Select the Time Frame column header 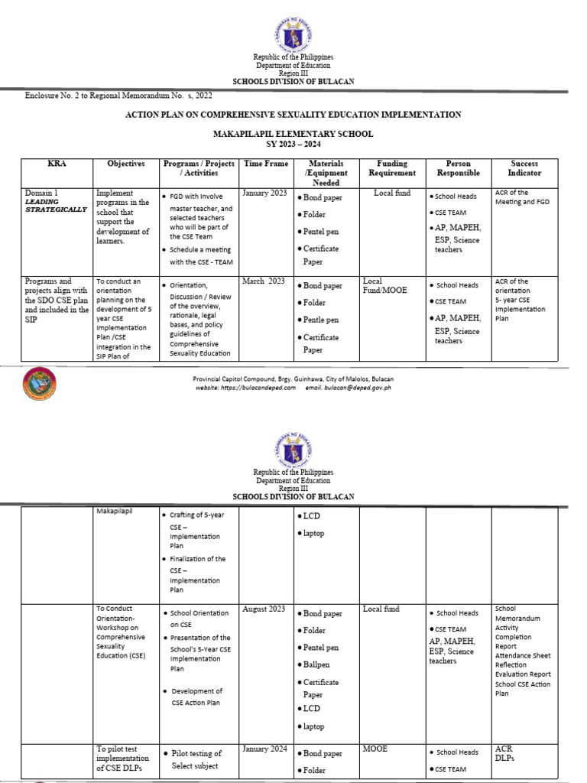pyautogui.click(x=266, y=164)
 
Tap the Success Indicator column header pyautogui.click(x=524, y=168)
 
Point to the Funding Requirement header pyautogui.click(x=392, y=168)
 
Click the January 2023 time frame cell pyautogui.click(x=264, y=193)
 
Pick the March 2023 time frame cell pyautogui.click(x=264, y=281)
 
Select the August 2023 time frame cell pyautogui.click(x=264, y=609)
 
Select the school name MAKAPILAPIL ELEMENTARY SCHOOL pyautogui.click(x=293, y=134)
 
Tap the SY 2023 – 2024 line pyautogui.click(x=293, y=144)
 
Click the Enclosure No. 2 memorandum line pyautogui.click(x=118, y=96)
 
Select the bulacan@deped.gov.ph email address pyautogui.click(x=348, y=388)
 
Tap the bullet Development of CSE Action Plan pyautogui.click(x=196, y=696)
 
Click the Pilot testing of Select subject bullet pyautogui.click(x=196, y=759)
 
